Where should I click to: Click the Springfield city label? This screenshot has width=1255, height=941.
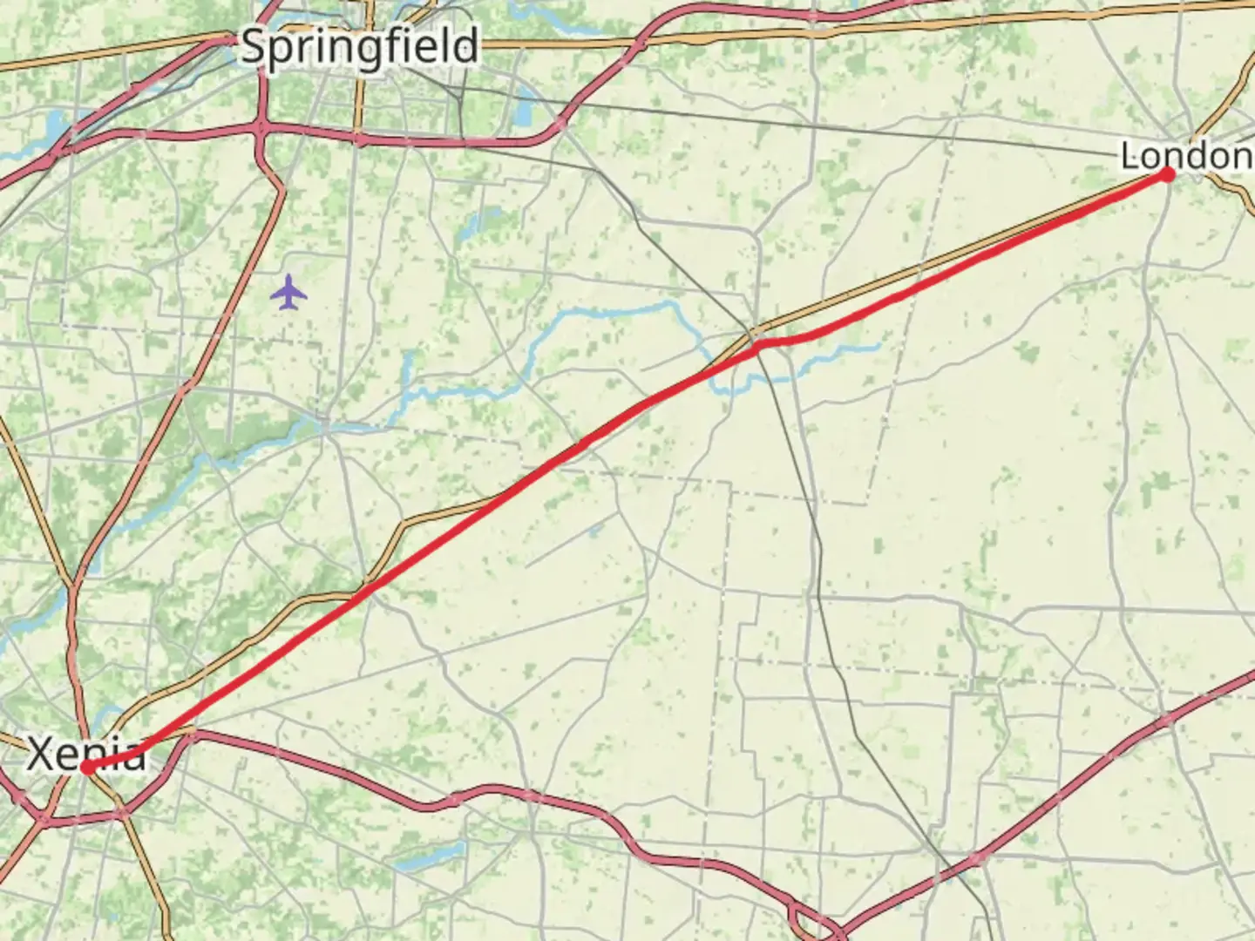point(359,46)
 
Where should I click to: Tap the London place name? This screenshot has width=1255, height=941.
point(1185,157)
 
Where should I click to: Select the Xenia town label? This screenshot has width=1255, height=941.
point(85,755)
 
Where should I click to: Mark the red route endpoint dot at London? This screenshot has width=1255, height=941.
point(1167,174)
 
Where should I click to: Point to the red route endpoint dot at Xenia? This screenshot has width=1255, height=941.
point(87,768)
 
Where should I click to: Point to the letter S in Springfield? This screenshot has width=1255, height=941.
point(253,46)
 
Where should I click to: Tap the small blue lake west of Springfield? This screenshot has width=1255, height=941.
point(54,122)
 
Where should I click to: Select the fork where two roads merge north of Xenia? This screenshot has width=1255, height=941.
point(75,584)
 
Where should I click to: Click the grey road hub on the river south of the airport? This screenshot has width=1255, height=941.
point(324,425)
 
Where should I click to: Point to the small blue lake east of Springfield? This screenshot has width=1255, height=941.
point(526,109)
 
